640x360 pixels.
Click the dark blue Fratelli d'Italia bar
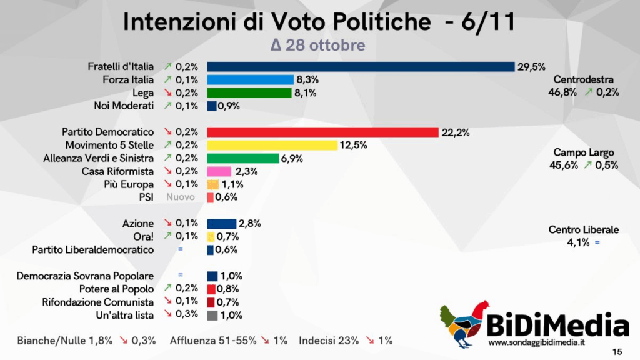tap(360, 67)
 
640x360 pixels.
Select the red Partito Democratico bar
tap(322, 132)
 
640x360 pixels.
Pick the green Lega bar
tap(249, 93)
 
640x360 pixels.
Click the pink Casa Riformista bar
tap(219, 171)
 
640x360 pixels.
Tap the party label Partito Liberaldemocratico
tap(93, 250)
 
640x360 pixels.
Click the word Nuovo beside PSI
tap(181, 197)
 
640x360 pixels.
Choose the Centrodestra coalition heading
tap(584, 79)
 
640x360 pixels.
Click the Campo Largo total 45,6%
tap(567, 165)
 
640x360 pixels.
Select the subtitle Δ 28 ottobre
tap(317, 46)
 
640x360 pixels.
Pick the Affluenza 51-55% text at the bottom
tap(212, 341)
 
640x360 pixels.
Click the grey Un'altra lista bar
tap(212, 316)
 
